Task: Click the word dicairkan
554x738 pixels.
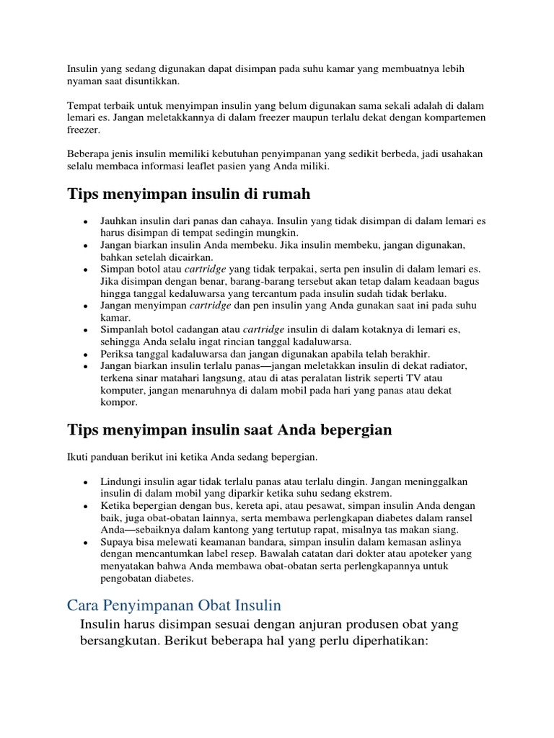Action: point(189,257)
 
